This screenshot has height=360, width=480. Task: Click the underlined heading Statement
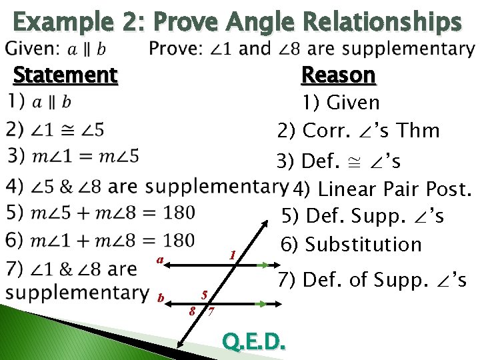[65, 75]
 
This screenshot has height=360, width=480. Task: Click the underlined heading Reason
[339, 75]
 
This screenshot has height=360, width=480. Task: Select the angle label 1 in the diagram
[231, 255]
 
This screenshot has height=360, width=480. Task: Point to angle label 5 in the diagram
[205, 294]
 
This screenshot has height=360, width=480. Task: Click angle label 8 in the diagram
[192, 311]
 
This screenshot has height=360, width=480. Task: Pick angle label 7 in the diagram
[211, 312]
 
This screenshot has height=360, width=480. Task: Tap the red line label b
[160, 297]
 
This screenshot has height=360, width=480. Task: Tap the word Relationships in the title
[381, 23]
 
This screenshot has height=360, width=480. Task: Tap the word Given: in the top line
[34, 49]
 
